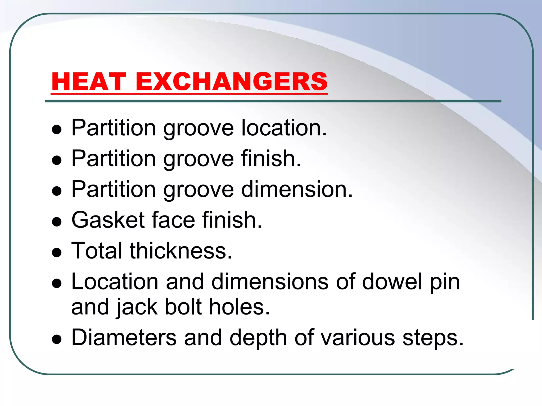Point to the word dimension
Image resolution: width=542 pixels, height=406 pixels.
pos(297,189)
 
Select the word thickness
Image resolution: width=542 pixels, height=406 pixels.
pos(181,251)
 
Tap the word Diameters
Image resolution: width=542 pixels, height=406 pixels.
pos(124,338)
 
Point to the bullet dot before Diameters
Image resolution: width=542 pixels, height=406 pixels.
pos(57,339)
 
